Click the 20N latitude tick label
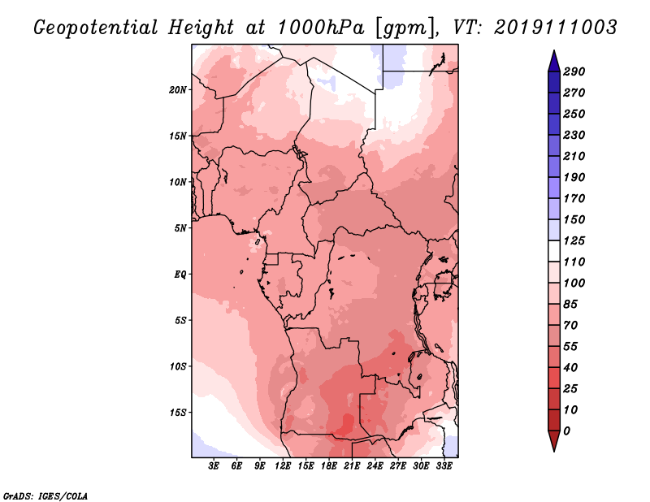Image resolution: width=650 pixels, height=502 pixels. pyautogui.click(x=178, y=90)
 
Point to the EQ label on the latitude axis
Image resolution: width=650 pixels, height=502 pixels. pyautogui.click(x=180, y=275)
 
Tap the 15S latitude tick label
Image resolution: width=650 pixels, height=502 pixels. pyautogui.click(x=178, y=413)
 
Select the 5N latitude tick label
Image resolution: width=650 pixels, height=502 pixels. pyautogui.click(x=180, y=228)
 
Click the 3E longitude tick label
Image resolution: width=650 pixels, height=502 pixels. pyautogui.click(x=214, y=466)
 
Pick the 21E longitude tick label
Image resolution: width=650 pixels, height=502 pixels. pyautogui.click(x=352, y=466)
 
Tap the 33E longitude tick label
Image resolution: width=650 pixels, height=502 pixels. pyautogui.click(x=444, y=466)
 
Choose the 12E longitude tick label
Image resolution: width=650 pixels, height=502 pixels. pyautogui.click(x=283, y=466)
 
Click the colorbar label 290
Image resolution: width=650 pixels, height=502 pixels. pyautogui.click(x=574, y=71)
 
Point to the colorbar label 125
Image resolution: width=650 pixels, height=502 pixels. pyautogui.click(x=574, y=240)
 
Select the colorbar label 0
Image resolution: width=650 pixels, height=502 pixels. pyautogui.click(x=567, y=431)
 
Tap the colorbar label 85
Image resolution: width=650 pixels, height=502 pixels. pyautogui.click(x=570, y=305)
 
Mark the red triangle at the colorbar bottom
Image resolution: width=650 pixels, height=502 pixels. pyautogui.click(x=554, y=440)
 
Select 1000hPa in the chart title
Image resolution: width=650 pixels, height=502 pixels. pyautogui.click(x=321, y=28)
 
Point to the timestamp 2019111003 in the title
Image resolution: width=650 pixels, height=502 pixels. pyautogui.click(x=556, y=27)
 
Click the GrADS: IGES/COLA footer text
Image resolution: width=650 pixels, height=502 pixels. pyautogui.click(x=45, y=496)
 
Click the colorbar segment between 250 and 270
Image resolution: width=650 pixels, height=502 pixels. pyautogui.click(x=554, y=103)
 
